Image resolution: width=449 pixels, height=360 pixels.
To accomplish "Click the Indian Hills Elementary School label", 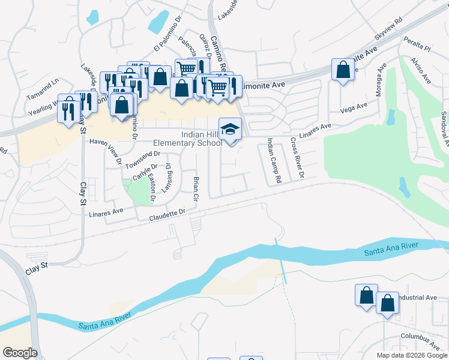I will [x=188, y=139].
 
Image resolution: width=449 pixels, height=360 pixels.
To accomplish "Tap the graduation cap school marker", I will [x=229, y=129].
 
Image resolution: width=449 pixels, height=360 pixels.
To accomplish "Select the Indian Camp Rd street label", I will [x=274, y=160].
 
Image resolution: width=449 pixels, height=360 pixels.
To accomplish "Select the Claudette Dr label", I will [x=169, y=212].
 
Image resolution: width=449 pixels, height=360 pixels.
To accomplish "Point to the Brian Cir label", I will [x=196, y=188].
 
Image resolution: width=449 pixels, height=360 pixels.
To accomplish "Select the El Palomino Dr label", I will [x=166, y=39].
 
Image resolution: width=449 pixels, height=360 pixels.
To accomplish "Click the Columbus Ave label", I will [x=421, y=341].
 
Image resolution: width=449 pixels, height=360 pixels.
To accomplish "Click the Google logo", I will [x=20, y=353].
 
